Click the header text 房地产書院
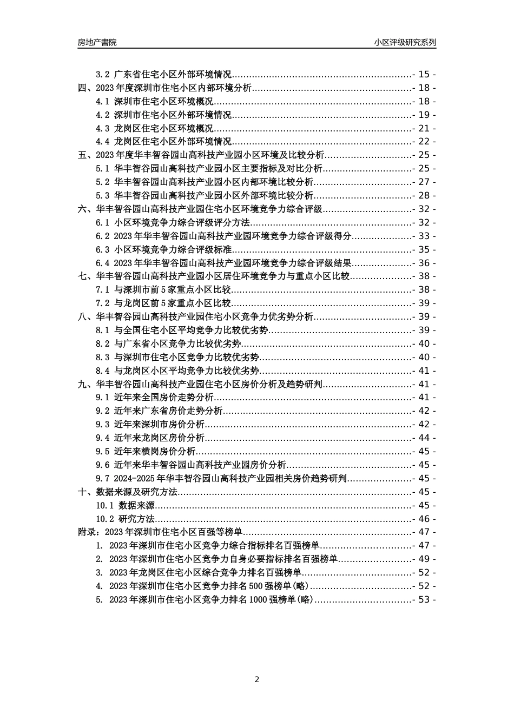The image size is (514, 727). [97, 42]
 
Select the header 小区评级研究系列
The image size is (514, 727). [405, 42]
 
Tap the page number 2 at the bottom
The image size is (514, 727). [257, 679]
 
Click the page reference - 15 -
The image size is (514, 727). [424, 75]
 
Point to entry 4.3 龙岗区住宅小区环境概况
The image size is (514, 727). [155, 128]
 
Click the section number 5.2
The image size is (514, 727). [102, 182]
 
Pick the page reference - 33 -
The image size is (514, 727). [424, 236]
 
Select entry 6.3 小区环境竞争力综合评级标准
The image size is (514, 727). [164, 249]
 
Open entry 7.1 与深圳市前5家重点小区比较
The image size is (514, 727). [164, 290]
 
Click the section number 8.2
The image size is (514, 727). [102, 344]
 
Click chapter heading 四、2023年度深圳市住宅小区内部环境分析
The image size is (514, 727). [164, 88]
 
